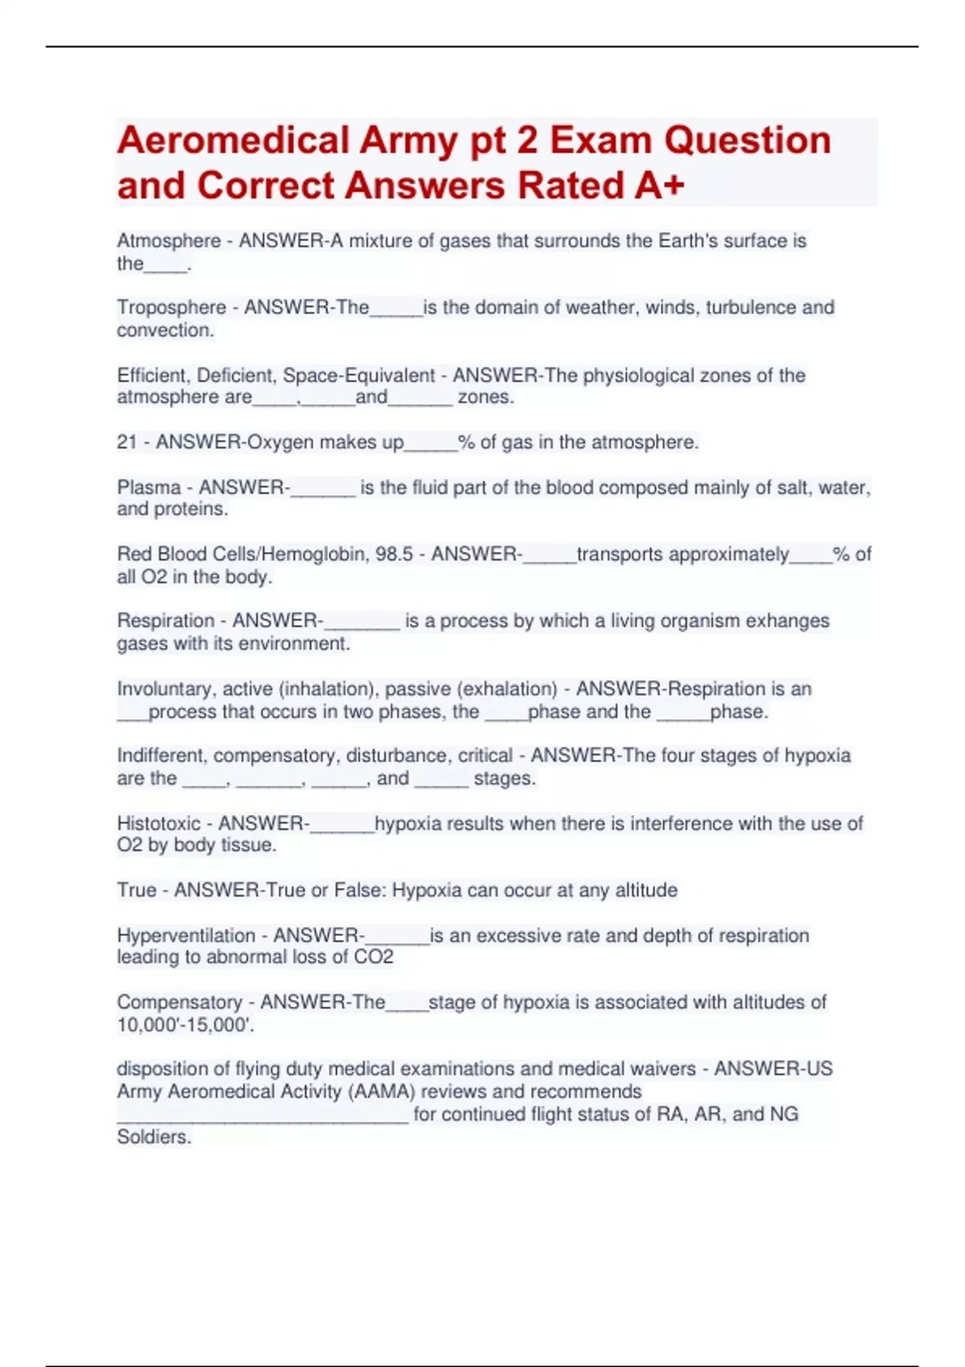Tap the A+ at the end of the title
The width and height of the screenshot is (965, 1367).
659,186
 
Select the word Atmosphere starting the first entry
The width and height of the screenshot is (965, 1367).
169,240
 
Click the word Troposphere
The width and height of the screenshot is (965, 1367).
171,307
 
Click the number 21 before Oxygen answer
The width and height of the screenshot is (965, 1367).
127,442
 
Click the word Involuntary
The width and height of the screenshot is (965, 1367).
165,689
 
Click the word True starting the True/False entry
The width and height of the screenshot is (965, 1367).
137,890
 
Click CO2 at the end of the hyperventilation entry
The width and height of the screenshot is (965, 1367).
374,957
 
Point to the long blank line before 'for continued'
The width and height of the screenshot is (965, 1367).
262,1116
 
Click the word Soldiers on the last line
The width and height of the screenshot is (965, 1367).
154,1137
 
